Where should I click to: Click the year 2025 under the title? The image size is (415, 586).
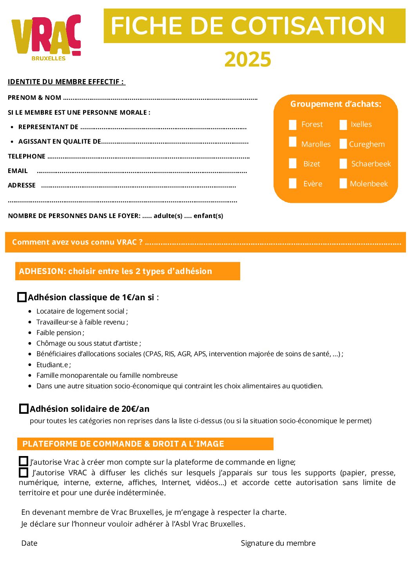(x=248, y=60)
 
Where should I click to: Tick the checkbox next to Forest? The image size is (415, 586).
(x=293, y=124)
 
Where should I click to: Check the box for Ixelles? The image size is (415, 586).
(x=343, y=124)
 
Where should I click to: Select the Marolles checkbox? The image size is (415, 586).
(x=293, y=142)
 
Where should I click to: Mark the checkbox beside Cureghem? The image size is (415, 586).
(x=343, y=144)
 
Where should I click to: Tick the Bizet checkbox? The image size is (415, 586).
(x=293, y=164)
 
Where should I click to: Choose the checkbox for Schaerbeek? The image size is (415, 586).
(x=343, y=164)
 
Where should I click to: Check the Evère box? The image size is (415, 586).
(x=293, y=184)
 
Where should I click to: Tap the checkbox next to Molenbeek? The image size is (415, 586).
(x=343, y=184)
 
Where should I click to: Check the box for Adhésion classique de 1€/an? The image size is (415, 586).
(x=22, y=298)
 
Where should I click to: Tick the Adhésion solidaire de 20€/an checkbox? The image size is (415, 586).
(x=24, y=409)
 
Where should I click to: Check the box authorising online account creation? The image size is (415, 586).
(x=24, y=462)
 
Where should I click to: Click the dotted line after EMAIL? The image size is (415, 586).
(x=141, y=172)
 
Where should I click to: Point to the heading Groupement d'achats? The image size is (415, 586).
(x=335, y=104)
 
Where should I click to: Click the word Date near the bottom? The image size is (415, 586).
(x=29, y=543)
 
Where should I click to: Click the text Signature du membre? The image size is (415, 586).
(x=278, y=543)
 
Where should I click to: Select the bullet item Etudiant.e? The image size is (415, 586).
(x=53, y=365)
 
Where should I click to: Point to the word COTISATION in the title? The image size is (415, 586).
(x=308, y=26)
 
